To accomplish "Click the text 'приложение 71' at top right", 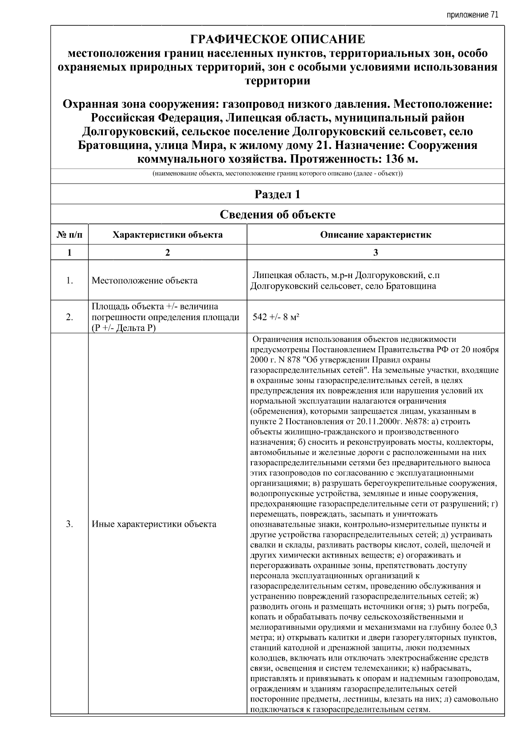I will (473, 15).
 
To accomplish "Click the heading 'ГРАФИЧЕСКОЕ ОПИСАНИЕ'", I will (278, 39).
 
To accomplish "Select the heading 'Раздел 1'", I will (278, 194).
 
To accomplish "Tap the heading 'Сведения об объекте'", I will (278, 215).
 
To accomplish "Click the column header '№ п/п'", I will (70, 235).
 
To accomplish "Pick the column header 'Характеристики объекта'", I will (168, 235).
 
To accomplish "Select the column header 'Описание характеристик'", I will (376, 235).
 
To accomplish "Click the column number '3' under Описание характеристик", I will (376, 252).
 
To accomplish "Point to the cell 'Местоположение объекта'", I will (145, 281).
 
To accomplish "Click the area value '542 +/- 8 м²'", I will (276, 317).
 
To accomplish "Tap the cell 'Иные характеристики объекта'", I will (154, 524).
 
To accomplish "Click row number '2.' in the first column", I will (70, 317).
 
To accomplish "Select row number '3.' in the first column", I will (70, 524).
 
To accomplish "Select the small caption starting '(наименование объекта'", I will (278, 174).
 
